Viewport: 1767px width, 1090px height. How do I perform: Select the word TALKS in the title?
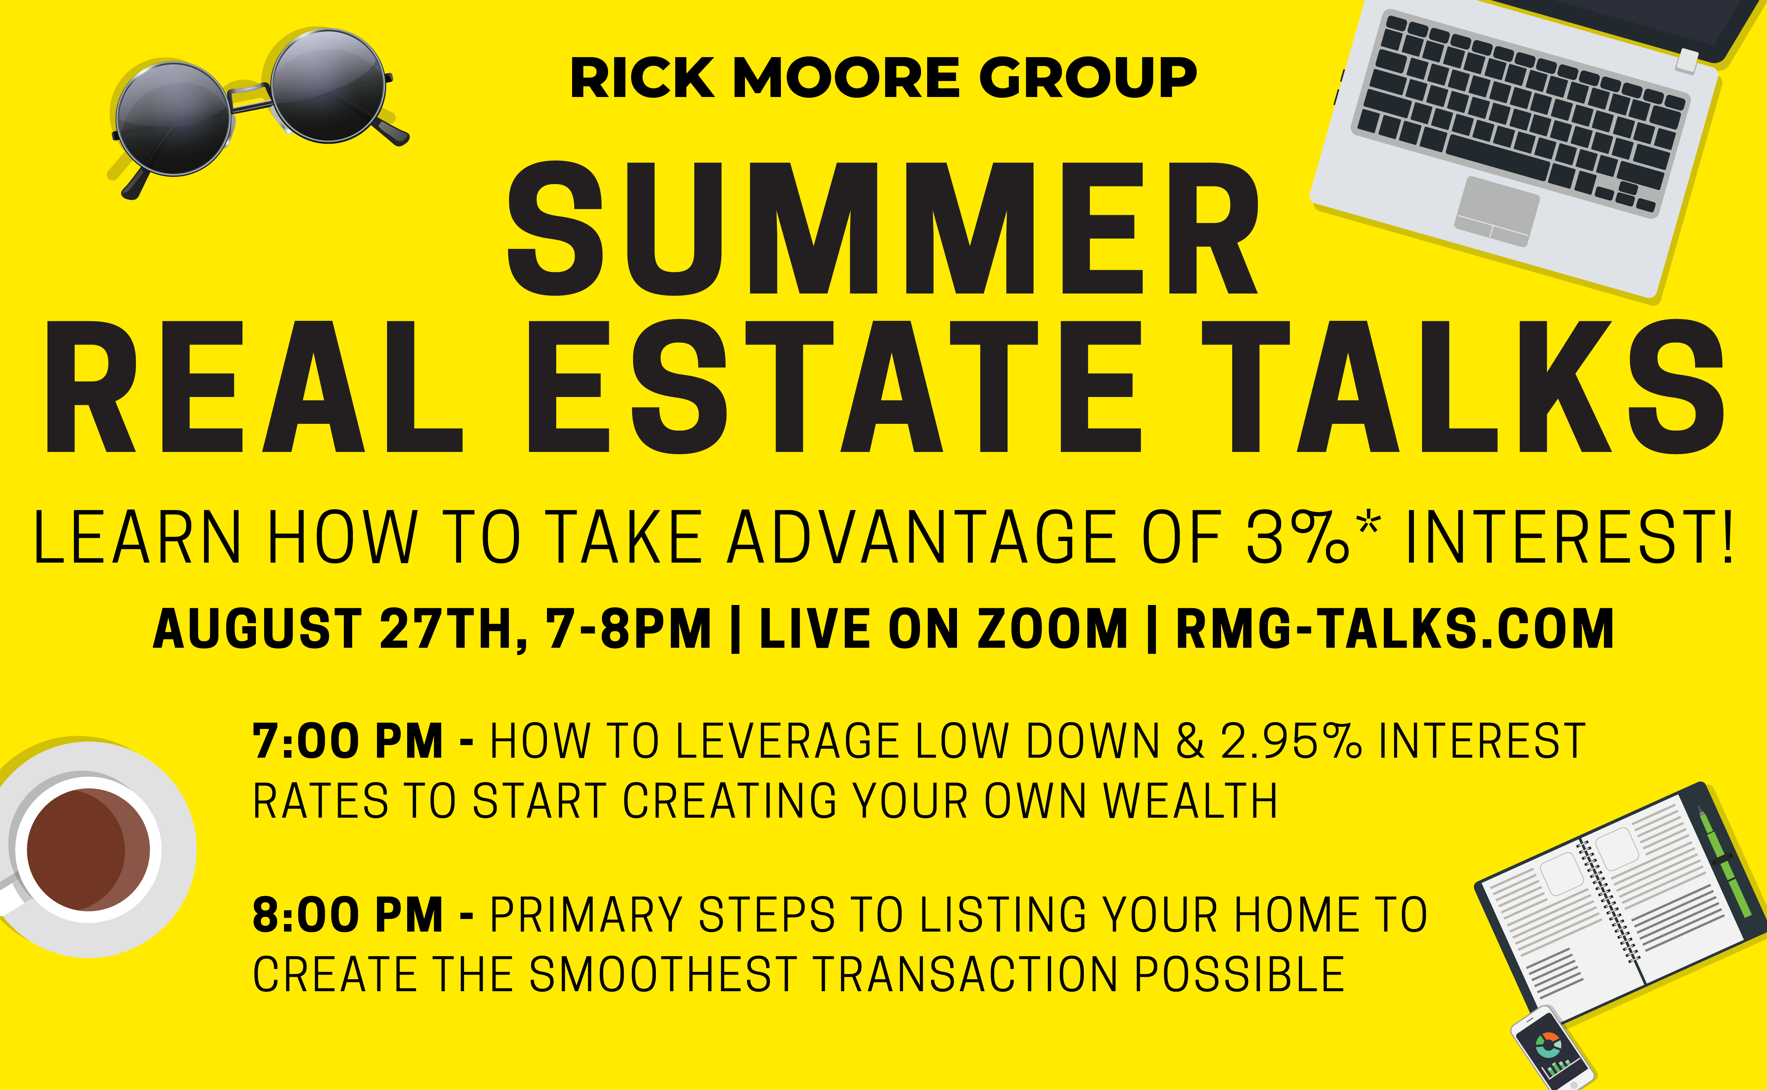(x=1463, y=387)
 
